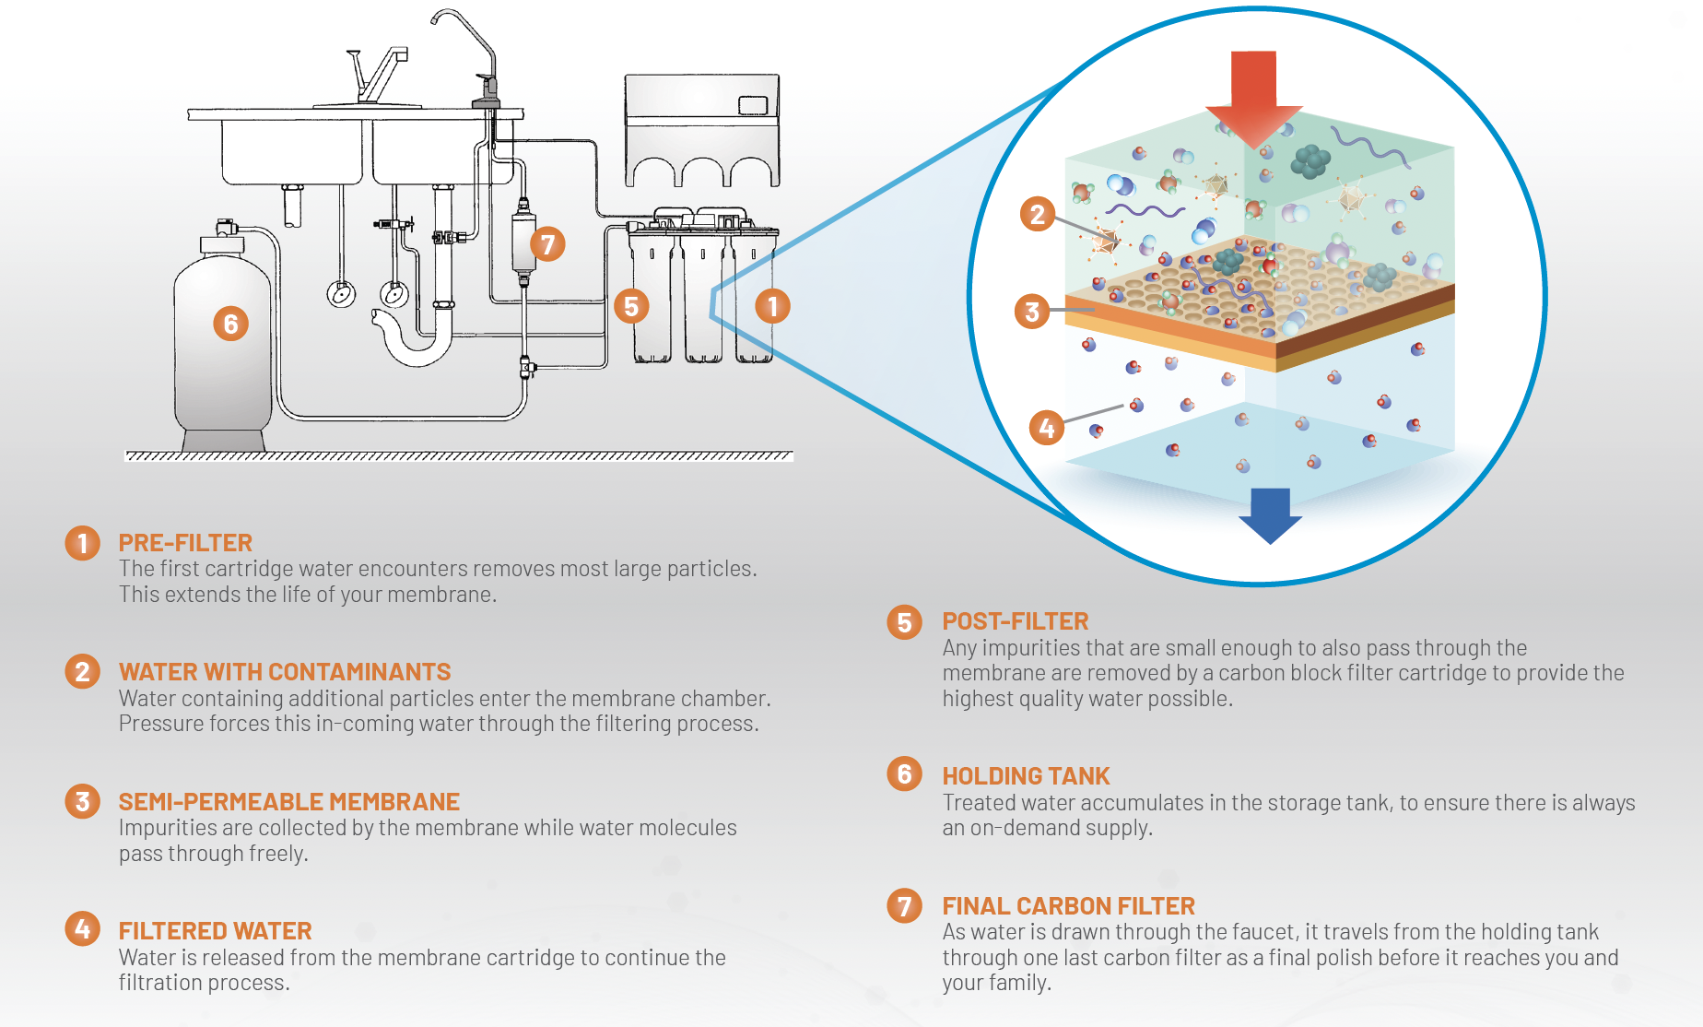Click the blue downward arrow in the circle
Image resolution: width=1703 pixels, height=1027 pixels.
(x=1270, y=514)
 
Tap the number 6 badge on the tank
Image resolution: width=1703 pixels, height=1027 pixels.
(x=230, y=324)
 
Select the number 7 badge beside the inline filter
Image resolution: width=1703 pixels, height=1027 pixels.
(x=547, y=244)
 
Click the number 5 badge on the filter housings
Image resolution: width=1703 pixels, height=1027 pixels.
(x=631, y=306)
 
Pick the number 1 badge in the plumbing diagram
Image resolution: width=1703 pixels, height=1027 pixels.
(x=772, y=306)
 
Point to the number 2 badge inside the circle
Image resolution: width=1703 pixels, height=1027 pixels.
(x=1037, y=214)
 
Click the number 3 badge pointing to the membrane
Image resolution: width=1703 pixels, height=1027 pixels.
(x=1032, y=312)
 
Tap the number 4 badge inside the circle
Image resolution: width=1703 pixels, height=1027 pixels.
(x=1046, y=428)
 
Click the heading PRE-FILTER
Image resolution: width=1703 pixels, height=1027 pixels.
(x=185, y=543)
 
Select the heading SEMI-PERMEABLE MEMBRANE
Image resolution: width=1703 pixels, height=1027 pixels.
(x=288, y=802)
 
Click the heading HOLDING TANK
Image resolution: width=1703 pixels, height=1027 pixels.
(x=1026, y=776)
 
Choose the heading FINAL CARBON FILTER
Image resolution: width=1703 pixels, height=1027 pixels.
(x=1068, y=906)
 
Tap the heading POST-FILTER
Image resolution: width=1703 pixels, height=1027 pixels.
(x=1015, y=621)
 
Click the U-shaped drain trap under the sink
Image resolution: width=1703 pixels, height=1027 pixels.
(x=415, y=346)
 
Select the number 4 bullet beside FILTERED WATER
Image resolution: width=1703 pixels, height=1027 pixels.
(x=82, y=928)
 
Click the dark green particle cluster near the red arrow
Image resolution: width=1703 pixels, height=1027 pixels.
(x=1310, y=161)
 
